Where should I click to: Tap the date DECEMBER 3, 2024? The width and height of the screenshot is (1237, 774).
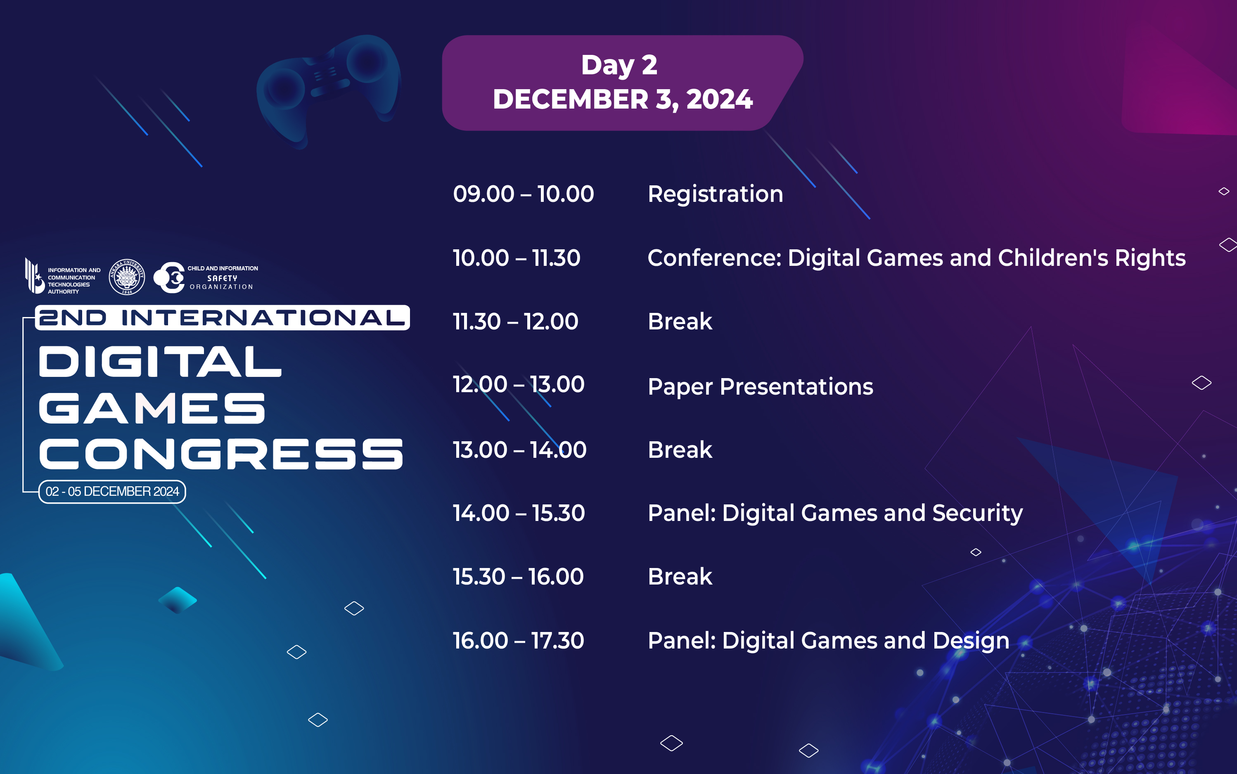click(623, 99)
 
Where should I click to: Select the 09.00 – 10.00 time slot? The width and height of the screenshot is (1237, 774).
click(523, 194)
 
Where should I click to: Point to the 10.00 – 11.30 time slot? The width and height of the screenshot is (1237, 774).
click(517, 258)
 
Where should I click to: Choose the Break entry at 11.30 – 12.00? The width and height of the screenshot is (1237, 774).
click(680, 322)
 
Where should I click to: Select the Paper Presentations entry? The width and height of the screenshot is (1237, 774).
click(760, 386)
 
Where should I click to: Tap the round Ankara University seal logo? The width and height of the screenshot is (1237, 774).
click(127, 277)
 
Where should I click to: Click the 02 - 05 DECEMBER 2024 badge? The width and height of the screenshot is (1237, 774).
click(112, 491)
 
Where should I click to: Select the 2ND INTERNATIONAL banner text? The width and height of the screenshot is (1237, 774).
click(222, 318)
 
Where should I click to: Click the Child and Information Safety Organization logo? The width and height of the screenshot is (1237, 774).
click(205, 277)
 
